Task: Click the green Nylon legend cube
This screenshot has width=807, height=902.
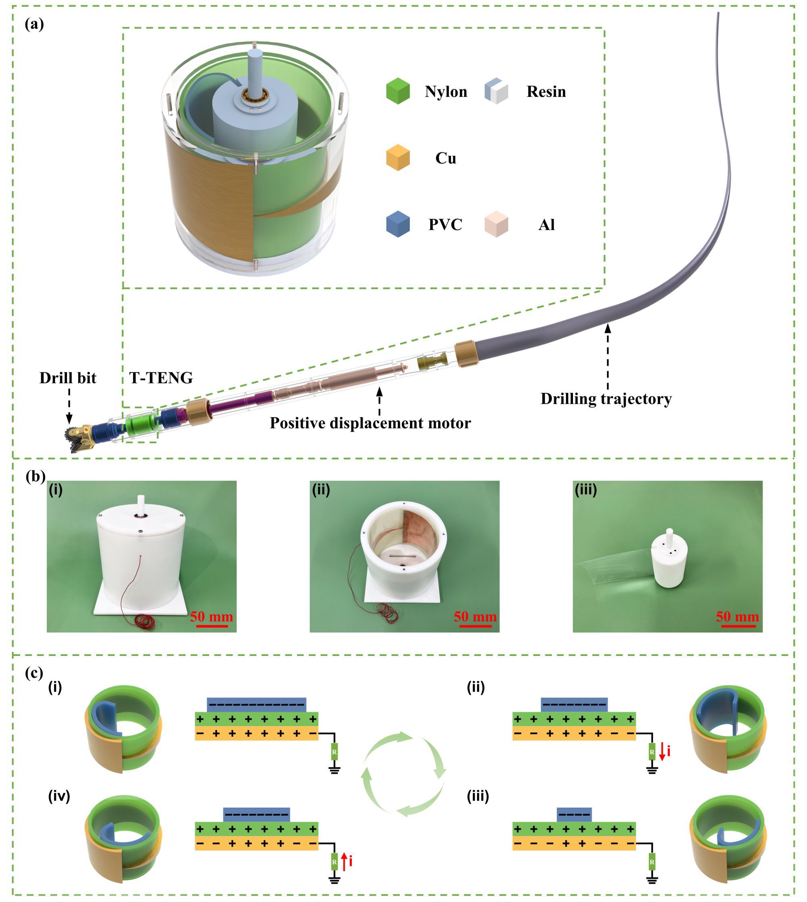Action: coord(398,91)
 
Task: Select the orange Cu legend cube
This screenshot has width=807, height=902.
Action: coord(398,157)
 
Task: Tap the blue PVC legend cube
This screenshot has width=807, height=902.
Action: coord(398,224)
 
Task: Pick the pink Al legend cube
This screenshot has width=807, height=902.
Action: coord(496,224)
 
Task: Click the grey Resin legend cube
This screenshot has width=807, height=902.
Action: coord(496,91)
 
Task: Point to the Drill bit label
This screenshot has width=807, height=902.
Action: coord(68,378)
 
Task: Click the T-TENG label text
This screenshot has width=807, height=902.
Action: coord(161,378)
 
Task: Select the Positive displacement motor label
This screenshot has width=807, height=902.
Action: coord(370,423)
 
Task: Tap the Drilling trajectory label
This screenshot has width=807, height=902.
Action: coord(606,399)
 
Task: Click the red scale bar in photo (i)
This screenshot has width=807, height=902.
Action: coord(212,626)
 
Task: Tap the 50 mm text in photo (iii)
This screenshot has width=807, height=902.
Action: coord(737,616)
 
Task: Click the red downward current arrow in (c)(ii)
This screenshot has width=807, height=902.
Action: coord(662,752)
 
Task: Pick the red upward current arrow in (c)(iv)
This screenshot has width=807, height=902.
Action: coord(344,861)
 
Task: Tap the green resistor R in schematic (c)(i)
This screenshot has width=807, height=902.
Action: coord(335,752)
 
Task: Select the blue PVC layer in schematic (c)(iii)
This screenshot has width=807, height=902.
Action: coord(574,814)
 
